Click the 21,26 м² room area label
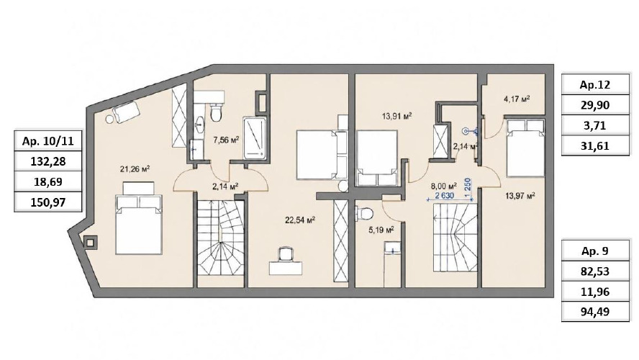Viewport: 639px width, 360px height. (x=135, y=168)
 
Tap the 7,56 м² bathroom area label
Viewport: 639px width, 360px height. (x=226, y=140)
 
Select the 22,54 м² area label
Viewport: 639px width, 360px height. (x=300, y=220)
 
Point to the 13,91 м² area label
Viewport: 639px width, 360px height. (x=396, y=116)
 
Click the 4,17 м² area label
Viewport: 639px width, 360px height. (x=517, y=99)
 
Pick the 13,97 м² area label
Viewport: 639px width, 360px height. (x=520, y=196)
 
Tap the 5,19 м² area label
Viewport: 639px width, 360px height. (x=381, y=230)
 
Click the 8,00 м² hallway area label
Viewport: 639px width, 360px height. (x=444, y=186)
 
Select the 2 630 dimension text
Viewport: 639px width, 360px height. (x=444, y=196)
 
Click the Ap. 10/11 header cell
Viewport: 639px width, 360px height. (x=48, y=141)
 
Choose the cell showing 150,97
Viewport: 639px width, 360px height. (x=48, y=202)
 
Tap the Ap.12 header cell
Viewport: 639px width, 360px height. (x=595, y=85)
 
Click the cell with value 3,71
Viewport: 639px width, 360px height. (x=595, y=125)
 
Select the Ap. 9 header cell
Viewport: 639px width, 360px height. (x=595, y=251)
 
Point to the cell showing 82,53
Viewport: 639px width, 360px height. (x=595, y=271)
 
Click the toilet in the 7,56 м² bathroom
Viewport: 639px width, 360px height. (x=217, y=112)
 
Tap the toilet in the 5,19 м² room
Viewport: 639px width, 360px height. (x=364, y=213)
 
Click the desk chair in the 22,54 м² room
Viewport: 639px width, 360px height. (x=286, y=254)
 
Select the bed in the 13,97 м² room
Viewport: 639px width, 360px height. (x=525, y=148)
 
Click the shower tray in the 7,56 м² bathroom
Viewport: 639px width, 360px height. (x=255, y=138)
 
